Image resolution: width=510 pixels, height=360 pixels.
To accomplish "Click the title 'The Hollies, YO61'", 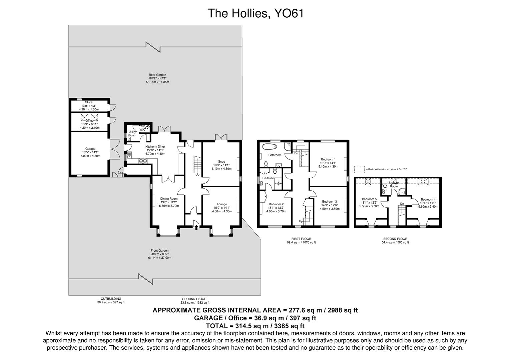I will coord(256,13).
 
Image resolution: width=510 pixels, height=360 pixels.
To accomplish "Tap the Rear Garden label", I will coord(157,75).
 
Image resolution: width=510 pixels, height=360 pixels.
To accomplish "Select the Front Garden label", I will coord(159,251).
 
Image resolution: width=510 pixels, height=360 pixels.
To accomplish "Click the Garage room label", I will coord(90,149).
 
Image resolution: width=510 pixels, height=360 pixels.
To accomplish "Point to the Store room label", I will coord(89,102).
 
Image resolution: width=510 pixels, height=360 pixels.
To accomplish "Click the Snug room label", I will coord(221,162).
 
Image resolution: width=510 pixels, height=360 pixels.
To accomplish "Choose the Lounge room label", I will coord(222,204).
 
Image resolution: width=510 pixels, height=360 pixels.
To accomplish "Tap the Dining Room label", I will coord(169,199).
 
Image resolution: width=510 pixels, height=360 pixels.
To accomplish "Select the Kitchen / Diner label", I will coord(155,147).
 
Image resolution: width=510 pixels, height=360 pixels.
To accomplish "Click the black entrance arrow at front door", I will coord(196,227).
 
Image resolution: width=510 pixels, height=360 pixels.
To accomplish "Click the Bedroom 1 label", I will coord(328,159).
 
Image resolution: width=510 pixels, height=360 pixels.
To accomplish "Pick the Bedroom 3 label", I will coord(329,202).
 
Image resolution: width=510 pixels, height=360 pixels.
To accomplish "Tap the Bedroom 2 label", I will coord(276,204).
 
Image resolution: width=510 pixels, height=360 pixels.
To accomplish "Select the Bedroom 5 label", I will coord(369,199).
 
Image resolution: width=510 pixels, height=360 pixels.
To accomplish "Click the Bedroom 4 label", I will coord(428,199).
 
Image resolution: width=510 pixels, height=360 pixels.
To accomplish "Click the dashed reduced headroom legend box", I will coord(359,169).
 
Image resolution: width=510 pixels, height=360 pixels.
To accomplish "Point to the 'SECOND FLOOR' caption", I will coord(395,239).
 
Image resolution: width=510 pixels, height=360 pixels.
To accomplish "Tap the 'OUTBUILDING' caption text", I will coord(111,299).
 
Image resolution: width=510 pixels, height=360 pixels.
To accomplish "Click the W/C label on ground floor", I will coord(142,129).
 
